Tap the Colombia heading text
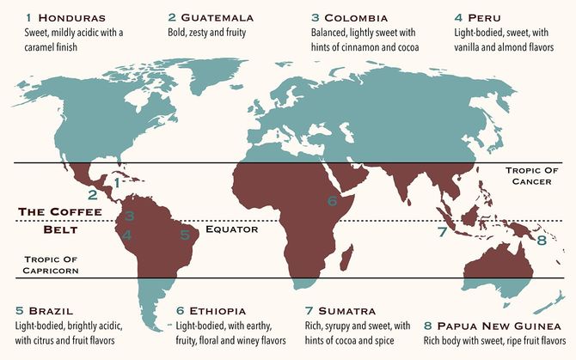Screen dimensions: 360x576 pos(355,17)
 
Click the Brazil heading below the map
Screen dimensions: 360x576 pos(50,310)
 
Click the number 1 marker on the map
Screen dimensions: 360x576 pos(118,182)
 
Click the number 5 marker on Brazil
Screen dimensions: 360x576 pos(184,233)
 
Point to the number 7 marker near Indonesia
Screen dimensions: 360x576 pos(441,232)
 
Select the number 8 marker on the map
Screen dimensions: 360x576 pos(541,241)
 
